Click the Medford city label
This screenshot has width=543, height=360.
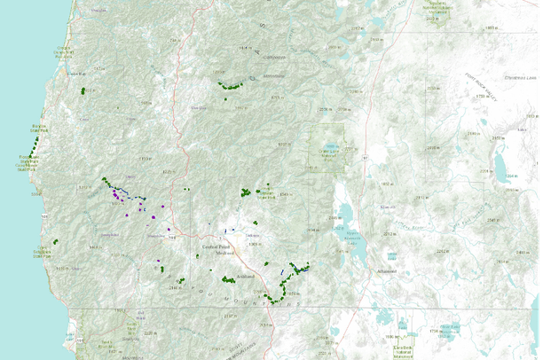tap(228, 252)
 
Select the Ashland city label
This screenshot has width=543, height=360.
tap(247, 278)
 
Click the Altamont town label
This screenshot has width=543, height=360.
tap(387, 271)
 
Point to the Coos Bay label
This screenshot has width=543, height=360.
tap(63, 50)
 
